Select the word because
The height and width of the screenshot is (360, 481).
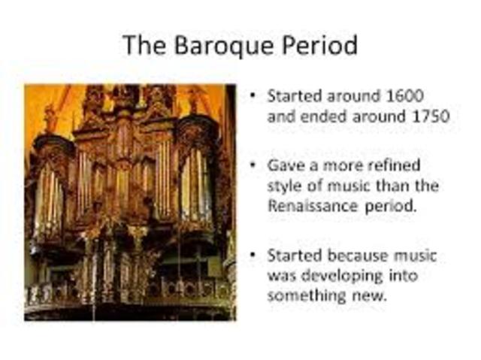pyautogui.click(x=355, y=256)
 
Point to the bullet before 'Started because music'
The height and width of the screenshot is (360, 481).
pyautogui.click(x=253, y=255)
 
